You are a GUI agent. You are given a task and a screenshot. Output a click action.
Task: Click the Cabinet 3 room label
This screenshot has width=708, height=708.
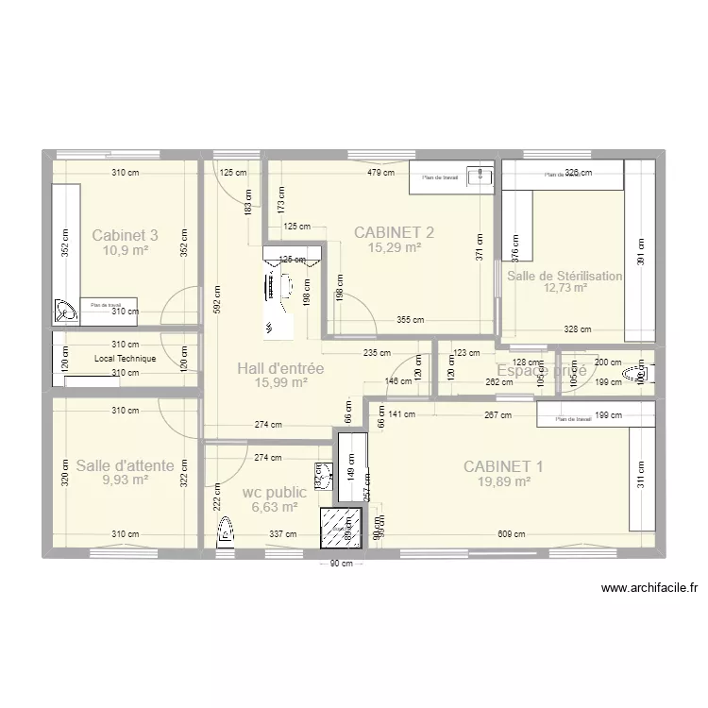[x=125, y=235]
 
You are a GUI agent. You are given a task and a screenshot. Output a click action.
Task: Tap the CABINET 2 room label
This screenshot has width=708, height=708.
[x=394, y=232]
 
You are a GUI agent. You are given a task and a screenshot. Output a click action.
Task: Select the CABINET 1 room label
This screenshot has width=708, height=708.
[x=503, y=465]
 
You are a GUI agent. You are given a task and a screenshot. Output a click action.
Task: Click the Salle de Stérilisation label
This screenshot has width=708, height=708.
[x=565, y=277]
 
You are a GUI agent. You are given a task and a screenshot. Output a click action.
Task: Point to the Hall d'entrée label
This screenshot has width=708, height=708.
[x=280, y=368]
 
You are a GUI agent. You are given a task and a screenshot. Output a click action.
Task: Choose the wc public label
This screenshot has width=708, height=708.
[x=274, y=492]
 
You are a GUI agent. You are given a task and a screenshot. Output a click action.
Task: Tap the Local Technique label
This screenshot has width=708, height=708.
[x=125, y=359]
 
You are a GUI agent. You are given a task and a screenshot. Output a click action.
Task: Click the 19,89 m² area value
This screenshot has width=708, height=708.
[x=503, y=480]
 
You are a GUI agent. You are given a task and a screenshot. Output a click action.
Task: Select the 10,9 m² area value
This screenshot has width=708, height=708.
[x=125, y=250]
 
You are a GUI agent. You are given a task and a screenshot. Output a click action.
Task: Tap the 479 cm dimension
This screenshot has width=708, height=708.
[x=381, y=173]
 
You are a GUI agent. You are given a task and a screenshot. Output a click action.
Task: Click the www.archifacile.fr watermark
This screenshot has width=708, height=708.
[x=649, y=588]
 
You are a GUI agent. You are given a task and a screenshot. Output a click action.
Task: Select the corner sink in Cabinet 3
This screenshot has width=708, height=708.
[x=66, y=309]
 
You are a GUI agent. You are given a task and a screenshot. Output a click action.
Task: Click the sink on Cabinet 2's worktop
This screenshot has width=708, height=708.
[x=483, y=175]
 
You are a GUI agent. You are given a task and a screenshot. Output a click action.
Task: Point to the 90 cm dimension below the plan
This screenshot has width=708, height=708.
[x=340, y=565]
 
